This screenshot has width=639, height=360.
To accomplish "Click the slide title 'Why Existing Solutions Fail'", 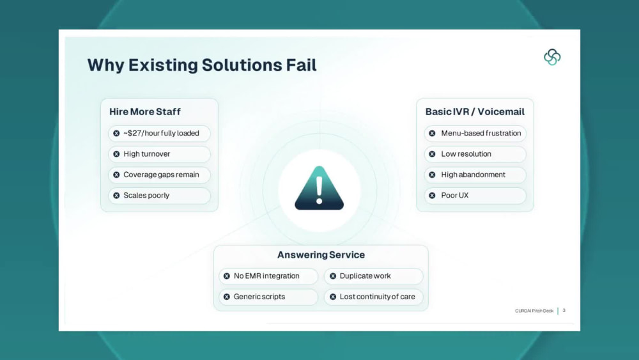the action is tap(202, 65).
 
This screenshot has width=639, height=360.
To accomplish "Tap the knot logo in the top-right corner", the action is tap(552, 57).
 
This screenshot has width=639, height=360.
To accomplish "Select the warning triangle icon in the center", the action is tap(319, 188).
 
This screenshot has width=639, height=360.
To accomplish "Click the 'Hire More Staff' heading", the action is tap(144, 112).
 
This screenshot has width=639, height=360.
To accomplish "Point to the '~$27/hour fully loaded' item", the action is tap(159, 133).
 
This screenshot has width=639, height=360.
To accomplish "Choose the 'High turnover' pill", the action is tap(159, 154).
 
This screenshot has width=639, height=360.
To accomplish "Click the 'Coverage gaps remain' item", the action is tap(159, 175).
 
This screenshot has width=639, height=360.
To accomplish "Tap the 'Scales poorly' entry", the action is tap(159, 196).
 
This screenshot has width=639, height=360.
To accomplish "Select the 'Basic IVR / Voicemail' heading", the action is tap(475, 112).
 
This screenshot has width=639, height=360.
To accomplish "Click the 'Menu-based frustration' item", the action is tap(475, 133).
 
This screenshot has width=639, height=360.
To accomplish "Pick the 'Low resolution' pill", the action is tap(475, 154).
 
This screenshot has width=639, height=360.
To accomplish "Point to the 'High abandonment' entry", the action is tap(475, 175).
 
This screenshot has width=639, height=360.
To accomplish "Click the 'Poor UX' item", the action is tap(475, 196).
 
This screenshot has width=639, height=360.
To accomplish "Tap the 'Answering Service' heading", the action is tap(321, 254).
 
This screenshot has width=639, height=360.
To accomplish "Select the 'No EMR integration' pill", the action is tap(268, 276).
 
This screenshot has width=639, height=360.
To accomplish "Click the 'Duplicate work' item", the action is tap(374, 276).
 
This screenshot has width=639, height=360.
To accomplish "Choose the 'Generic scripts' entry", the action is tap(268, 297).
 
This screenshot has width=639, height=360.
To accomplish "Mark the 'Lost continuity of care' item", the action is tap(374, 297).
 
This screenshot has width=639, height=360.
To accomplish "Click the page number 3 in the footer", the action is tap(564, 311).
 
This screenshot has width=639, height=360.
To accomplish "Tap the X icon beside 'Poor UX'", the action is tap(433, 196).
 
